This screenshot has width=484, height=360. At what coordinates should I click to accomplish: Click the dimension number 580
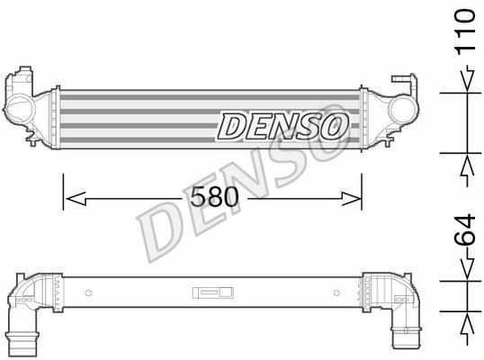click(214, 197)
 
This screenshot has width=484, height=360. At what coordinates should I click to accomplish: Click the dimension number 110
click(466, 32)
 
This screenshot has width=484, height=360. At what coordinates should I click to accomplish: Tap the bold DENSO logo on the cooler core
click(282, 126)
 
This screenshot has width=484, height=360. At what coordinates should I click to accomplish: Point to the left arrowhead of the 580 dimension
click(76, 198)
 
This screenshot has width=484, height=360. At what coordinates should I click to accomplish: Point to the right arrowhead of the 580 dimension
click(351, 198)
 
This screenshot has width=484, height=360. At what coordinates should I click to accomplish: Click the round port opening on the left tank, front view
click(20, 110)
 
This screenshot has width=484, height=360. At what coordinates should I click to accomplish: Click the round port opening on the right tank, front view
click(401, 110)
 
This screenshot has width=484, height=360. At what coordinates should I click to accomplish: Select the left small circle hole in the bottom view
click(88, 292)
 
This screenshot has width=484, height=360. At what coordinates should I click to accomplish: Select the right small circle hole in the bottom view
click(336, 292)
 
